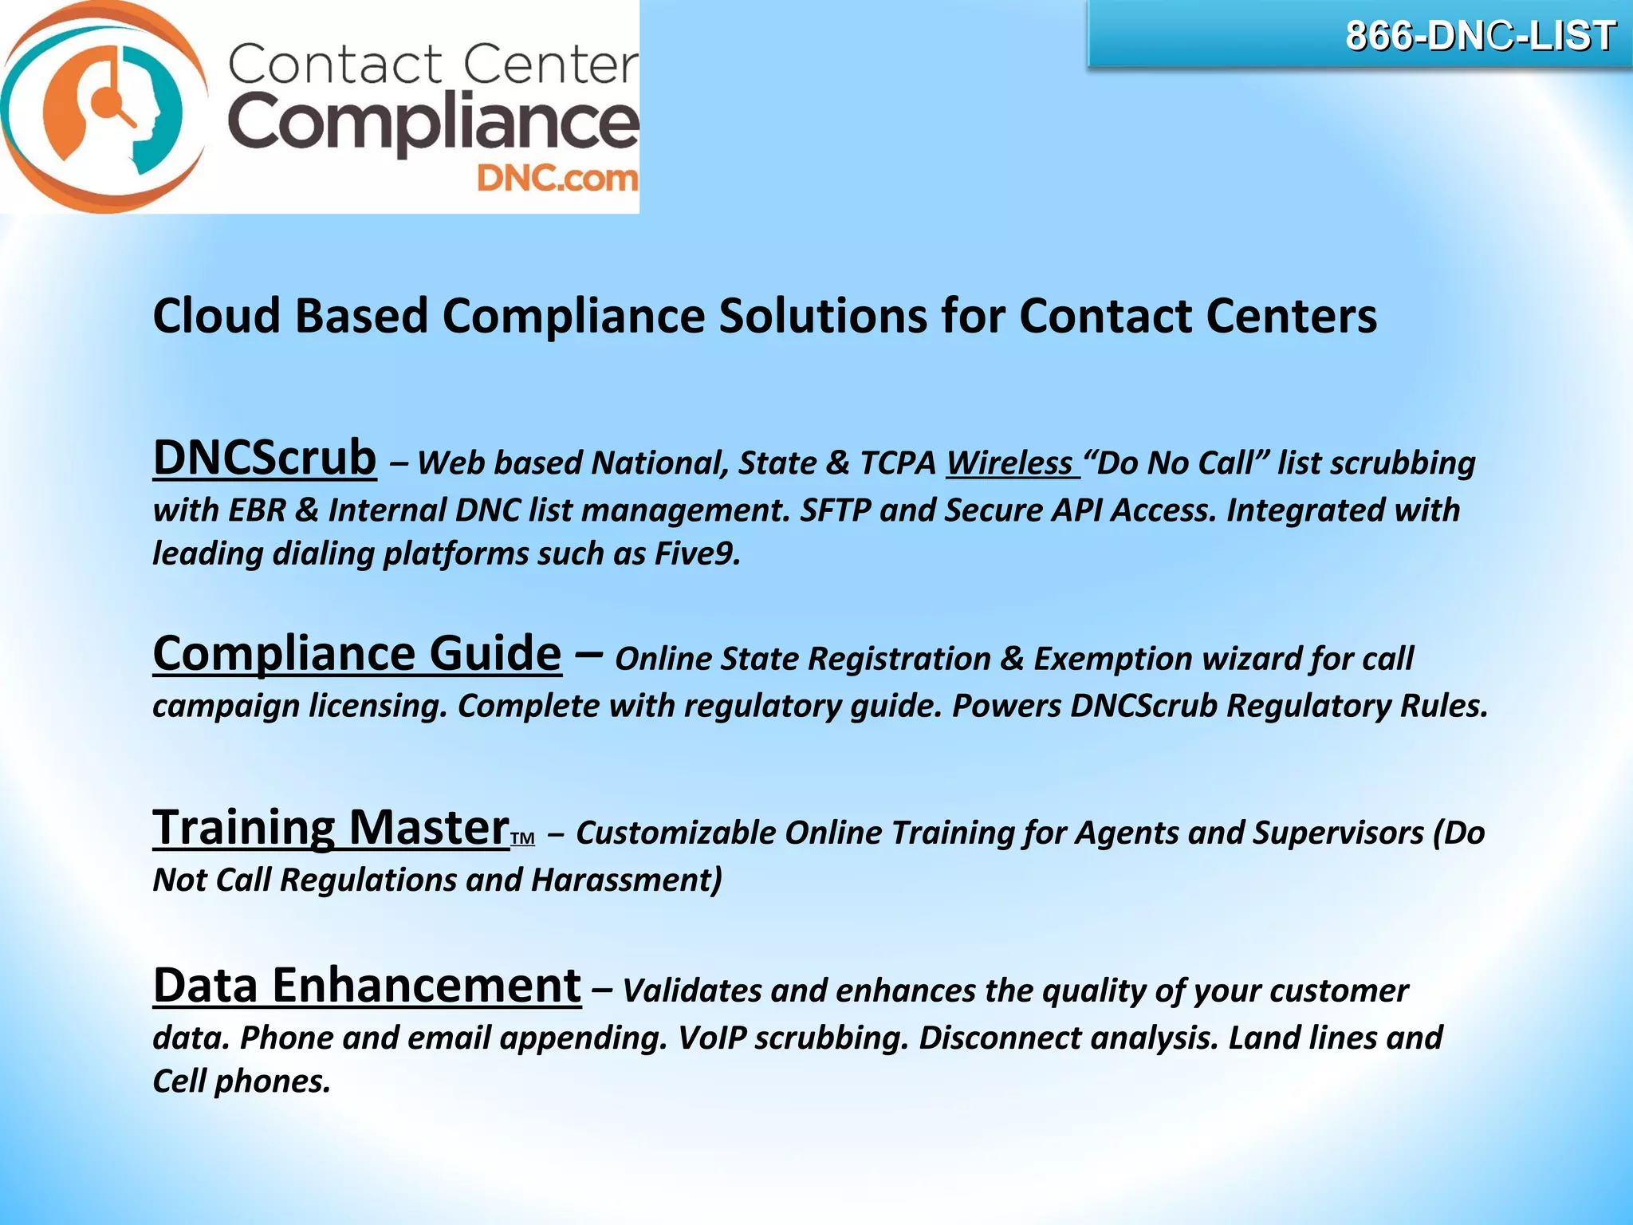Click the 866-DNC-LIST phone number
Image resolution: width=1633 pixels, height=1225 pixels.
(1480, 37)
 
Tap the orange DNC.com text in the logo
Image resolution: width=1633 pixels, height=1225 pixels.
(557, 179)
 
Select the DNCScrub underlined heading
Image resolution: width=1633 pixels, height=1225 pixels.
(265, 458)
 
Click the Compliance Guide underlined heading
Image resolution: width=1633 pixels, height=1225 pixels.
(357, 654)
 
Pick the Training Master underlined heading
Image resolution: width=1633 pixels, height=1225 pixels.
(331, 828)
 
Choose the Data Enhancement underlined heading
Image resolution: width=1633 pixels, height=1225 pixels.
(367, 986)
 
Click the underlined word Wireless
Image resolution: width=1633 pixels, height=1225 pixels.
(1009, 463)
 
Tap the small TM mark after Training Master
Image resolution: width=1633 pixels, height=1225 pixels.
(522, 839)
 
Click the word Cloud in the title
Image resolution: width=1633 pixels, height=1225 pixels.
(216, 316)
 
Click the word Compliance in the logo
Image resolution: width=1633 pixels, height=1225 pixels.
(433, 124)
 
